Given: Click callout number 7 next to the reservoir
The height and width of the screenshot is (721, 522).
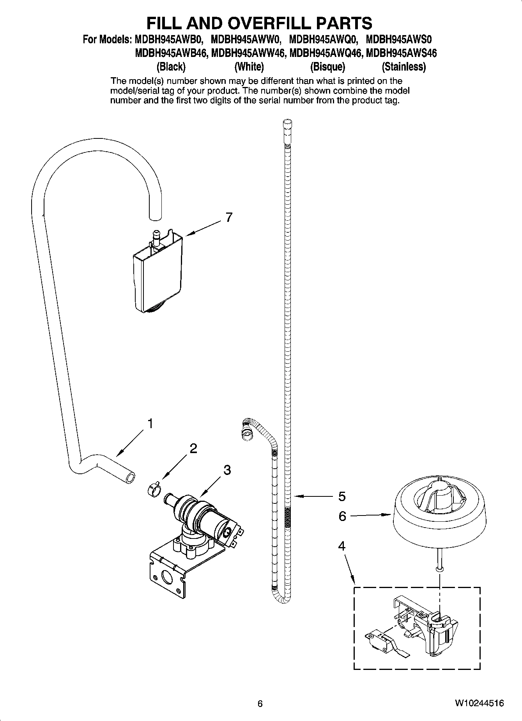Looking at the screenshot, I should (x=229, y=217).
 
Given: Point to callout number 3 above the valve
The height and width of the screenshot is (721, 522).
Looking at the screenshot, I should (x=227, y=469).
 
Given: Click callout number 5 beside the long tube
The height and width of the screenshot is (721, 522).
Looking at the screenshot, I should (x=342, y=496).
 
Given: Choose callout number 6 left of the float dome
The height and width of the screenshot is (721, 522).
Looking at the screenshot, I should (x=342, y=516).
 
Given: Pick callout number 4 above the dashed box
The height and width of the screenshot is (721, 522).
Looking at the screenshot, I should (x=342, y=546).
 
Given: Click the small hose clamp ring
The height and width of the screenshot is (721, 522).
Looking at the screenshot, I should (x=154, y=489).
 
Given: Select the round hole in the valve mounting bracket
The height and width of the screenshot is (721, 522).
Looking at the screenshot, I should (x=166, y=578).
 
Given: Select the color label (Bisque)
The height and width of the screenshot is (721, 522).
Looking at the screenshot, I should (x=327, y=67).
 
